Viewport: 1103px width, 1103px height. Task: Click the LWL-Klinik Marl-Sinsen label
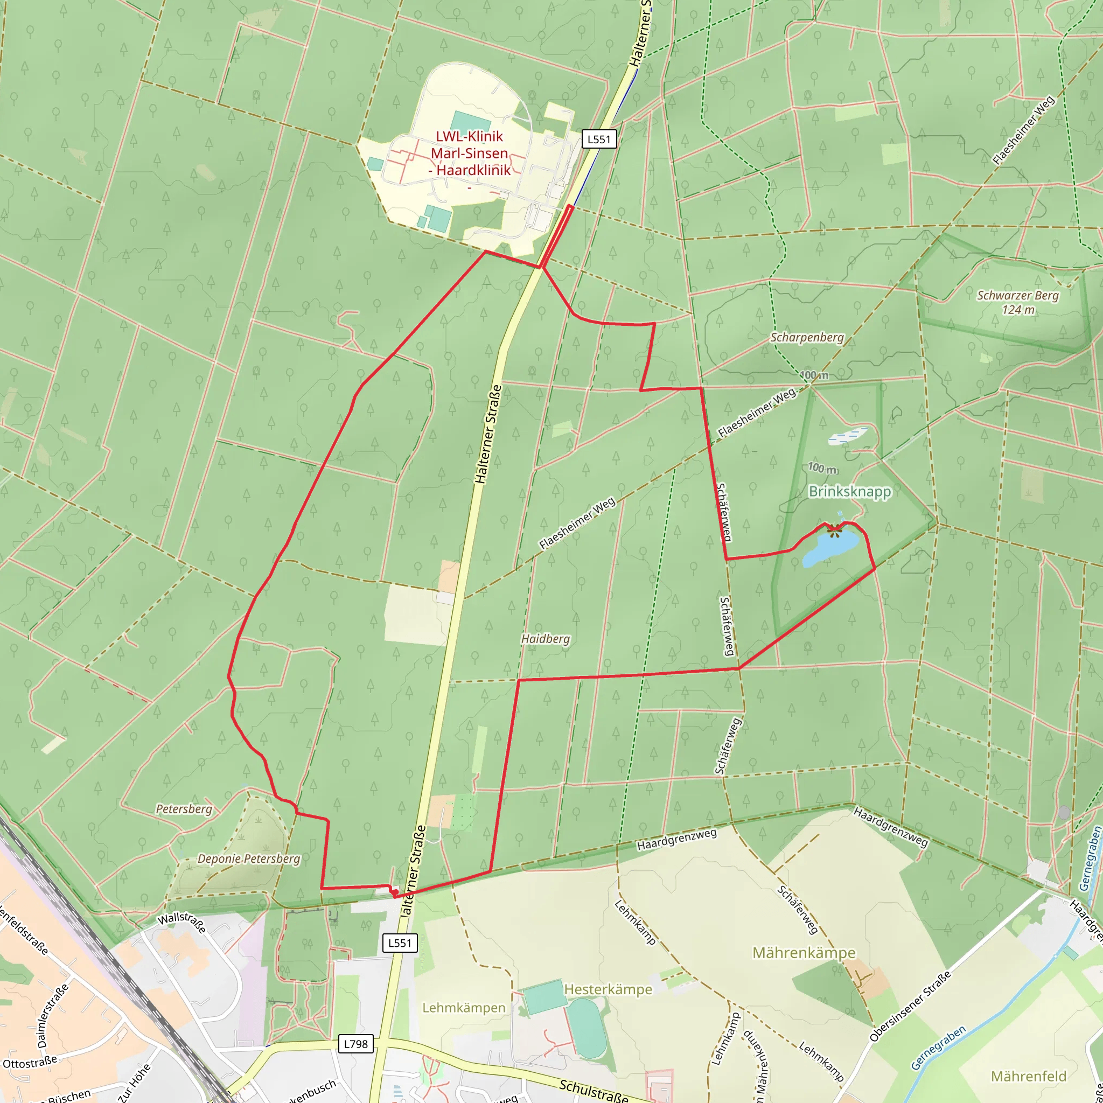[469, 153]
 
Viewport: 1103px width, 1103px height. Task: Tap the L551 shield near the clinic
[599, 139]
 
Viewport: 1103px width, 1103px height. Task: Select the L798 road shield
[355, 1044]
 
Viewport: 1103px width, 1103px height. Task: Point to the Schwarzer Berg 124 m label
[1017, 303]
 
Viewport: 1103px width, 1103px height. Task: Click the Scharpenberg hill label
[807, 337]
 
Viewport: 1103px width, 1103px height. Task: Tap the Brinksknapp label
[849, 492]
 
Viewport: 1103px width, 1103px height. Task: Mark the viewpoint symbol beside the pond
[834, 530]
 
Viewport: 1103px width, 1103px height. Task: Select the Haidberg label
[545, 639]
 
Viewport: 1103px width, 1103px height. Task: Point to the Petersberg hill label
[184, 809]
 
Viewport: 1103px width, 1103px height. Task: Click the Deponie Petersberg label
[248, 858]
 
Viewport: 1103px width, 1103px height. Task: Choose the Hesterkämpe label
[608, 989]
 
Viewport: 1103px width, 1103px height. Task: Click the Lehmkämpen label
[464, 1008]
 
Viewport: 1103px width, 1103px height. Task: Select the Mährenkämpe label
[804, 953]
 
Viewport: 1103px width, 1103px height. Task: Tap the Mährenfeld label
[1028, 1076]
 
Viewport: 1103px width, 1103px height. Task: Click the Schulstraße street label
[593, 1090]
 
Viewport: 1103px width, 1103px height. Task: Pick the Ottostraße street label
[30, 1063]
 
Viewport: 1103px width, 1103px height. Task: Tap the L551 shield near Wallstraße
[400, 943]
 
